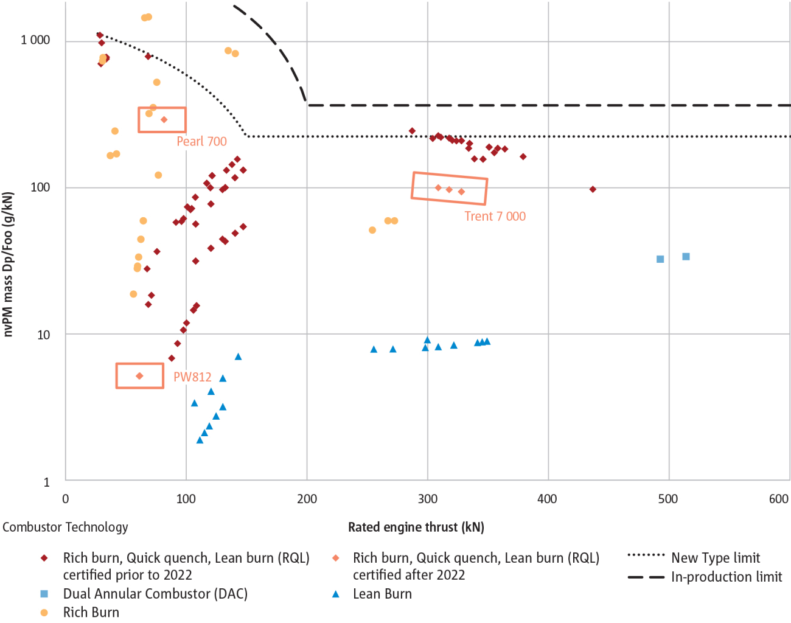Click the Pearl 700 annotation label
tap(201, 141)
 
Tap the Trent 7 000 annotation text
tap(495, 216)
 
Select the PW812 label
tap(192, 377)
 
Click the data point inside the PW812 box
tap(139, 376)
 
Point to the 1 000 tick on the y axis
tap(35, 40)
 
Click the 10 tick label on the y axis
tap(43, 335)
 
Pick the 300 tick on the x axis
tap(427, 499)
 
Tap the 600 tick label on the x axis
tap(778, 499)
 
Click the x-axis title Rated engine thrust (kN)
tap(416, 527)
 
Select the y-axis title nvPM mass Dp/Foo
tap(8, 264)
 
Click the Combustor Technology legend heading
tap(65, 527)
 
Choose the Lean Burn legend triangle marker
tap(335, 594)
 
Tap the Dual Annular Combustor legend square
tap(44, 594)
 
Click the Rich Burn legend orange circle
tap(44, 613)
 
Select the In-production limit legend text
tap(726, 577)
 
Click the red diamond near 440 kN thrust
tap(593, 189)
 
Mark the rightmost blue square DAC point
tap(686, 257)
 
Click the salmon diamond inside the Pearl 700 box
tap(164, 120)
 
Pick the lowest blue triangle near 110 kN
tap(200, 440)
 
